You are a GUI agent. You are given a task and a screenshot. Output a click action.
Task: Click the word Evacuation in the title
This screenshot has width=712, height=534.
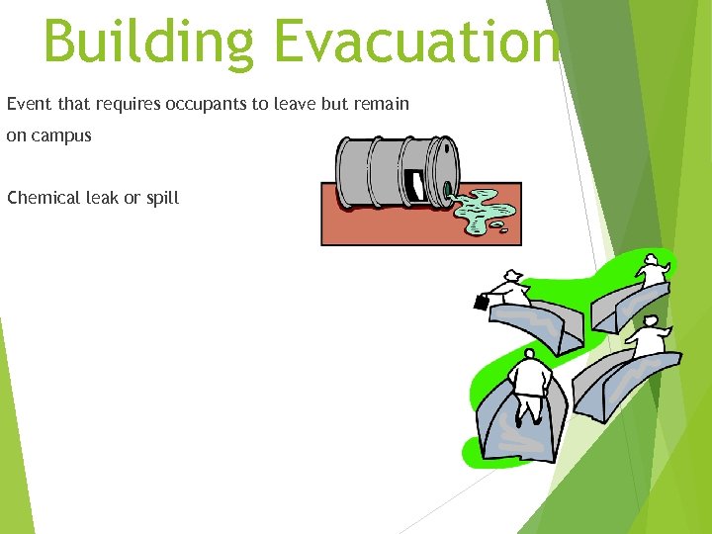point(415,42)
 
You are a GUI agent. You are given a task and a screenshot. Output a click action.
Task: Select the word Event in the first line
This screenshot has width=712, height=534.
point(28,104)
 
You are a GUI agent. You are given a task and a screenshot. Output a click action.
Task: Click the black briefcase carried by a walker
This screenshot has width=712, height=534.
point(481,303)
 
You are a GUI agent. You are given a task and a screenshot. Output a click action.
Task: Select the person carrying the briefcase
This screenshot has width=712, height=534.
point(508,291)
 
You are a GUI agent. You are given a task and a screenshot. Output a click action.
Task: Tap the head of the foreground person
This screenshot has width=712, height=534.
point(529,354)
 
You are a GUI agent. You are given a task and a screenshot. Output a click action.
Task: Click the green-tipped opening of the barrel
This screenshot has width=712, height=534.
point(447,188)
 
